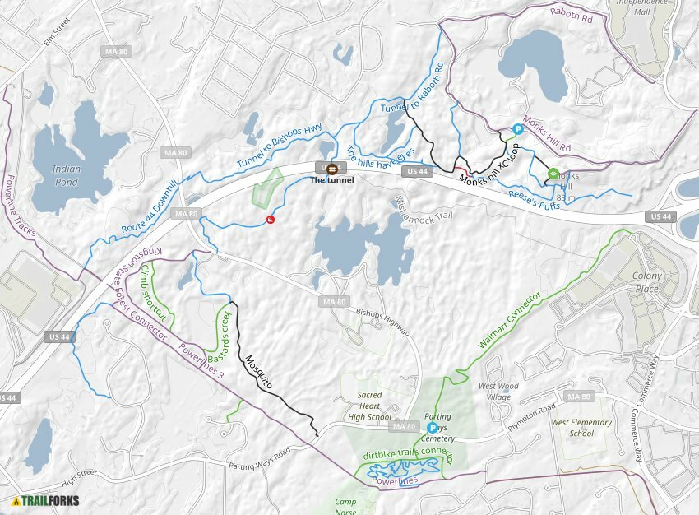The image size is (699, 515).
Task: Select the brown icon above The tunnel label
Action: (x=332, y=169)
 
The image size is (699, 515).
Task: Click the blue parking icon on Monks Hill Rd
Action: (x=518, y=128)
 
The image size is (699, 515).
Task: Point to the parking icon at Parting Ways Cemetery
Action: (x=431, y=427)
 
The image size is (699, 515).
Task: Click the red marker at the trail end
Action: (x=271, y=219)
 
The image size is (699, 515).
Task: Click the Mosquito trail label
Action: (x=258, y=370)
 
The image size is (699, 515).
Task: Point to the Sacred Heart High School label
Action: (x=369, y=406)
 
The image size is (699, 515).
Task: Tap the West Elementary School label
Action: (x=581, y=428)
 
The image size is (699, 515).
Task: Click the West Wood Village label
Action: (x=498, y=391)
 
